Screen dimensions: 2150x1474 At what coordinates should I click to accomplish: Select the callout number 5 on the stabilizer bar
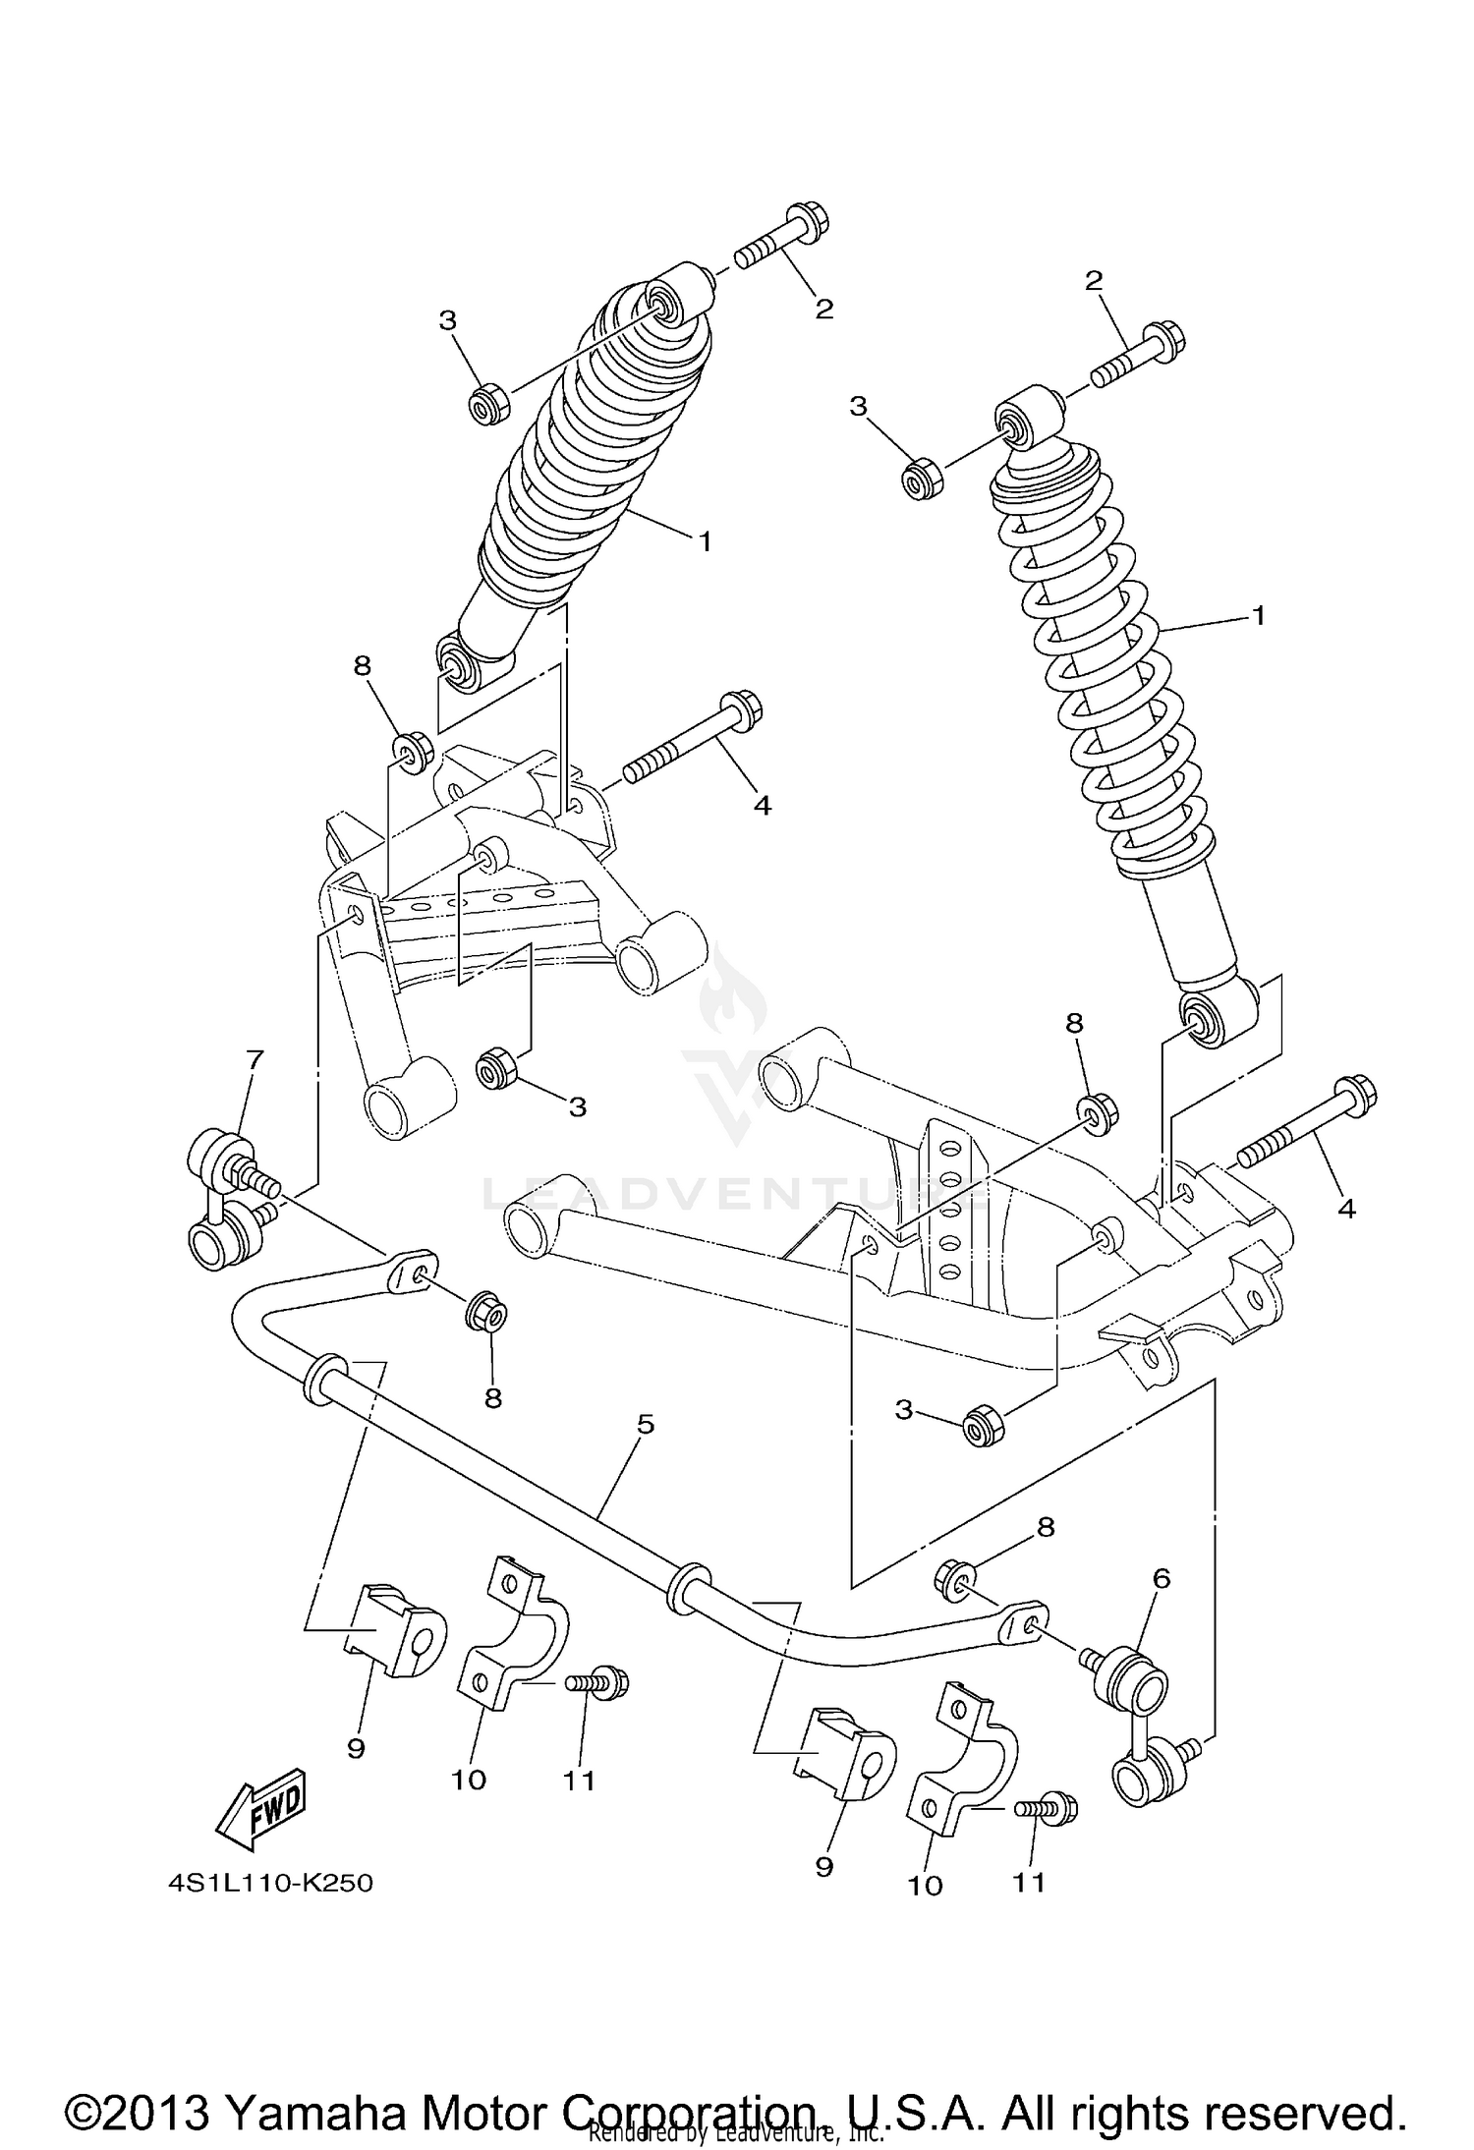coord(645,1424)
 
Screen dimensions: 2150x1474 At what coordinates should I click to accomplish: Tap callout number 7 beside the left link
coord(255,1059)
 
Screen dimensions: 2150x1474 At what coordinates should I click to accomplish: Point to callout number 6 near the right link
coord(1161,1579)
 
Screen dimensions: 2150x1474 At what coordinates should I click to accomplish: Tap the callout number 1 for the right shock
coord(1258,616)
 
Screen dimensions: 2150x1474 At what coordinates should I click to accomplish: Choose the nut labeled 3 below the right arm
coord(984,1426)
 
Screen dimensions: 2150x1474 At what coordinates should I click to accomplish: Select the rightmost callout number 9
coord(823,1866)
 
